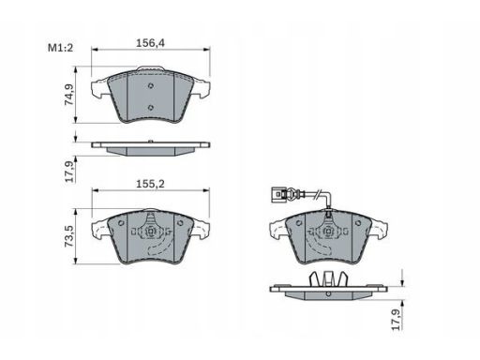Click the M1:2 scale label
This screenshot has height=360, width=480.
point(60,48)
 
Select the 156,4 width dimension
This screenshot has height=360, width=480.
point(150,43)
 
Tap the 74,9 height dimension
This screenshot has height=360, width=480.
point(69,95)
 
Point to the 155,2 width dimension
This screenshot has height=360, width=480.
point(150,184)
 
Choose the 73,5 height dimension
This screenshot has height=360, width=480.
point(69,236)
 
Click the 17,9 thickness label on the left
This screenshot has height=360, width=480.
point(69,172)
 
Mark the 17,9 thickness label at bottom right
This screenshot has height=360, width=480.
point(397,320)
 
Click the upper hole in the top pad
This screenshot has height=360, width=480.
point(151,86)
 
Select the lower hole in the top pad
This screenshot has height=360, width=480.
point(151,108)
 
